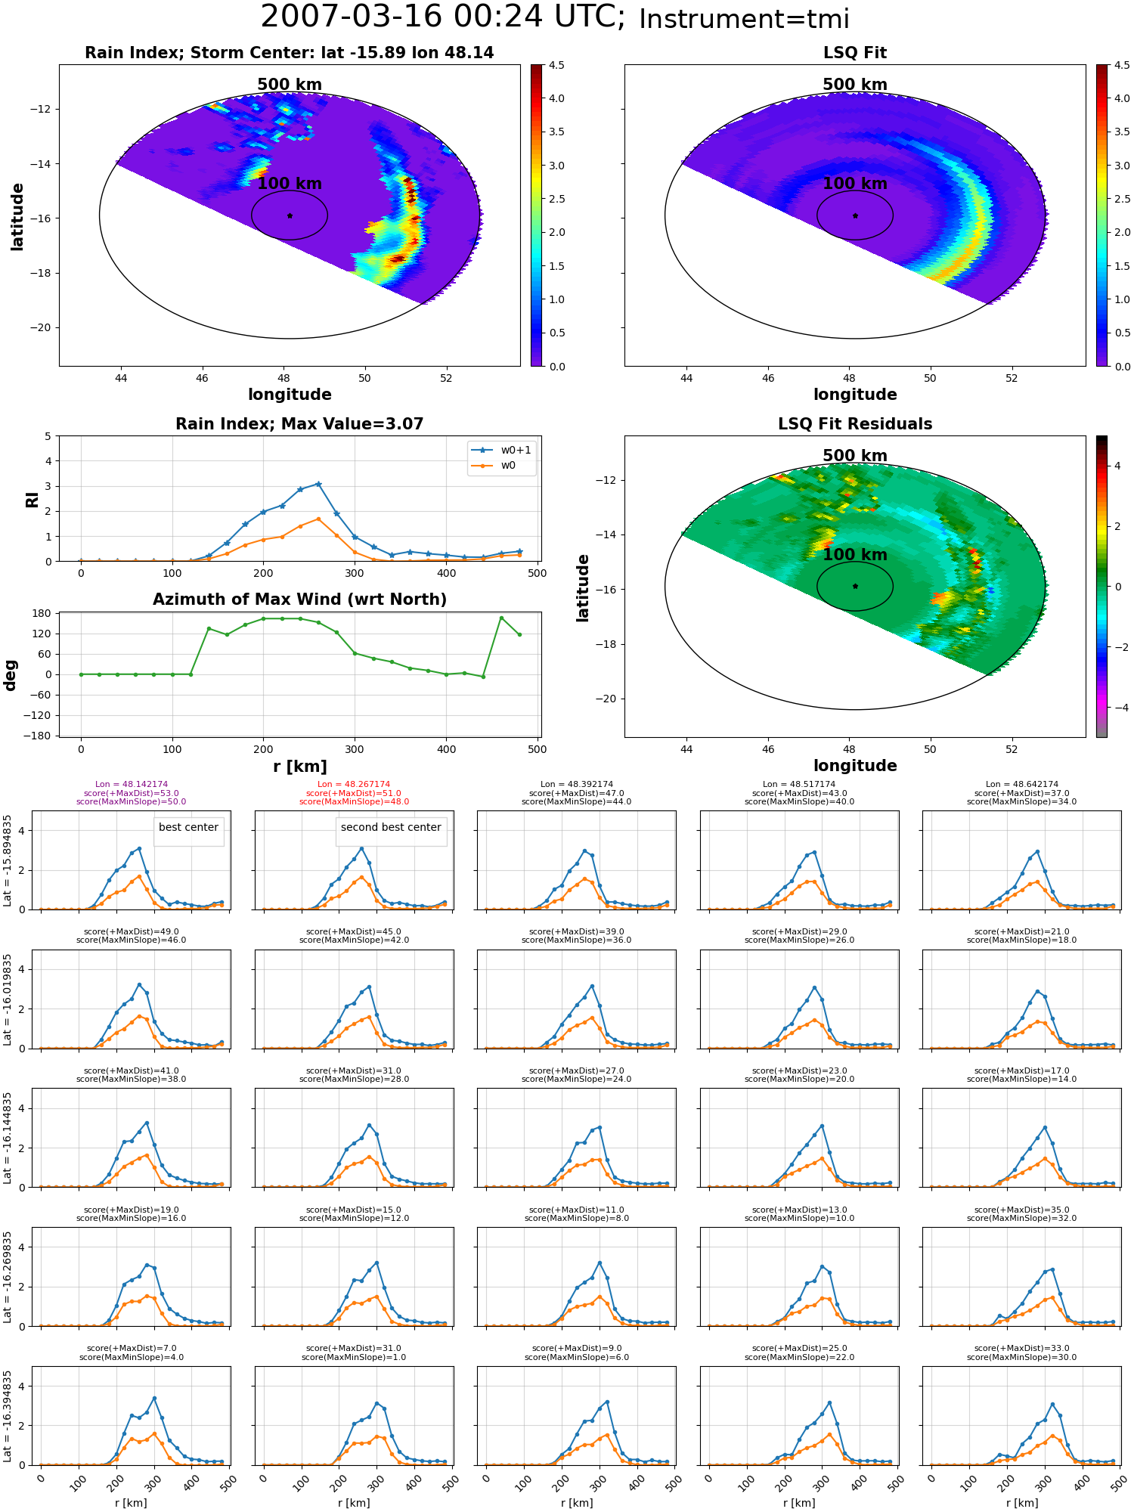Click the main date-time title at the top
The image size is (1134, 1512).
click(555, 17)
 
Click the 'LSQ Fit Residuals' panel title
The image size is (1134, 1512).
click(855, 424)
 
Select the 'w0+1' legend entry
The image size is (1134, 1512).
click(501, 450)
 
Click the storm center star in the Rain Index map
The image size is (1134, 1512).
click(290, 215)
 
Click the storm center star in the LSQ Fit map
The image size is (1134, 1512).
click(855, 215)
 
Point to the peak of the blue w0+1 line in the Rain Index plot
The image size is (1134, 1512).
click(318, 484)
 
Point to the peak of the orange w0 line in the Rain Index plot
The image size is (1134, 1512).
click(318, 519)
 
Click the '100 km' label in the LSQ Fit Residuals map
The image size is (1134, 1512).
click(855, 555)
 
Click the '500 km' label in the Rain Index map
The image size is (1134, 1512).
click(290, 85)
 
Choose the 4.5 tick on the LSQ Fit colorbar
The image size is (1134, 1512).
click(1123, 66)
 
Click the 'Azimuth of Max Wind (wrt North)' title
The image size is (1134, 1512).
click(299, 600)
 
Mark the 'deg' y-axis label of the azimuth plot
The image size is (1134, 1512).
click(11, 674)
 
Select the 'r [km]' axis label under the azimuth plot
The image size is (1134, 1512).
click(299, 767)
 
